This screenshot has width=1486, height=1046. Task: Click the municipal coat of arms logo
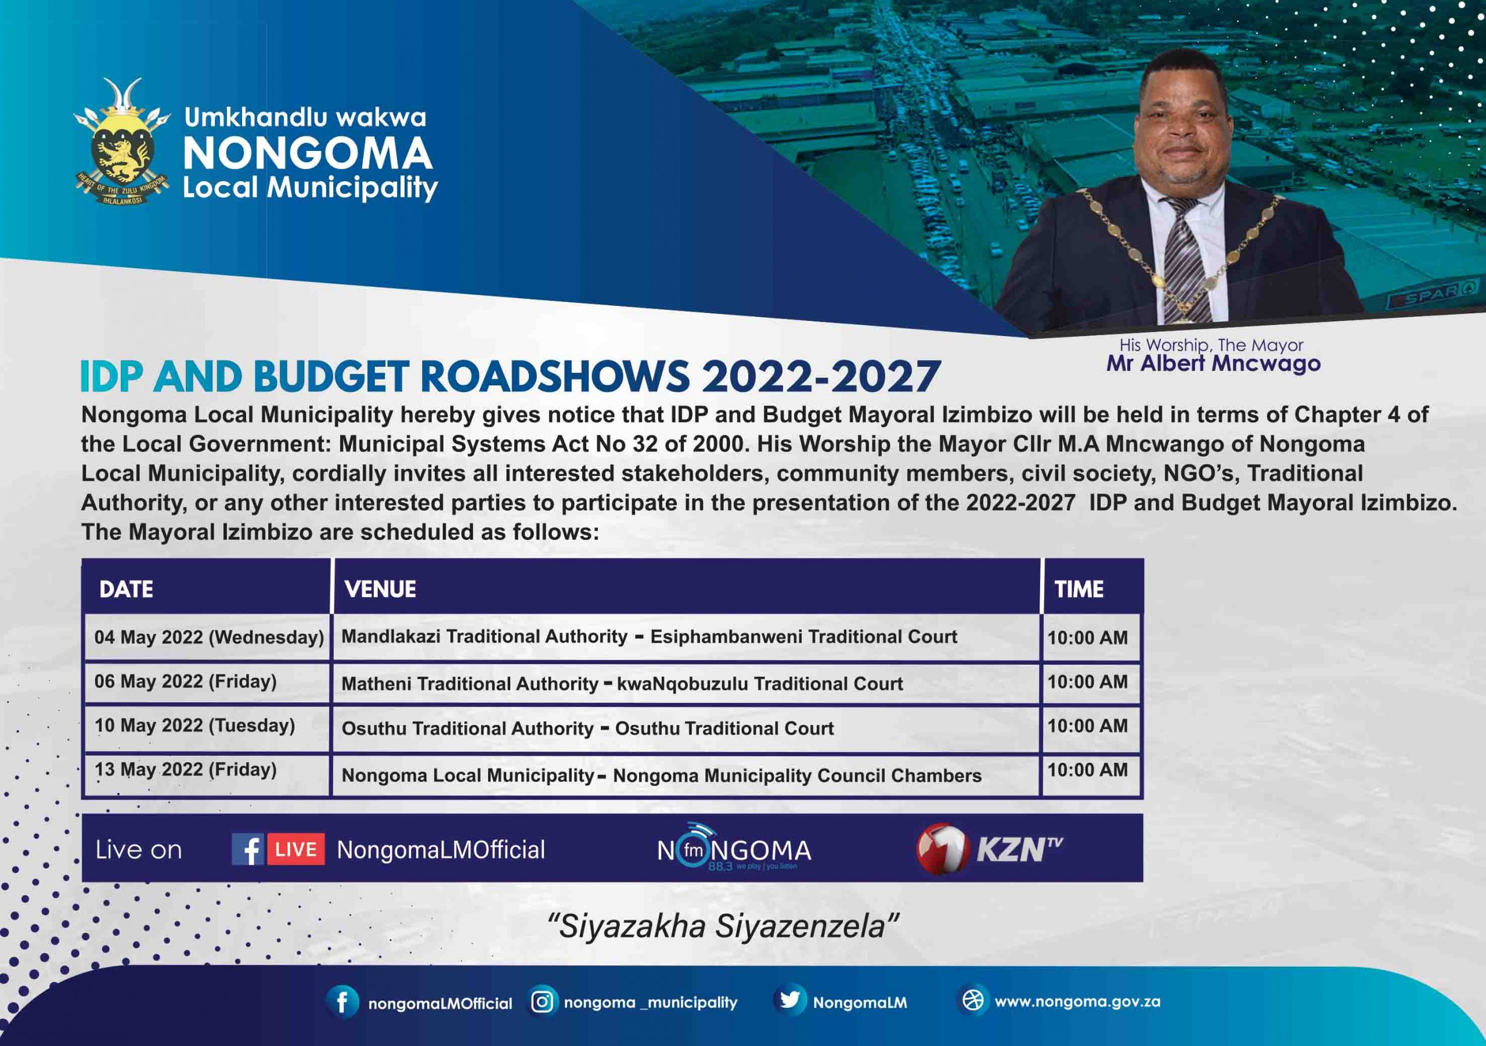[122, 142]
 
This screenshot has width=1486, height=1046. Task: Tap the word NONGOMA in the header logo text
[308, 153]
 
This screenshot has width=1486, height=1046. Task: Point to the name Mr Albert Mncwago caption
[1213, 363]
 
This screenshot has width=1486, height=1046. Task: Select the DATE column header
[126, 589]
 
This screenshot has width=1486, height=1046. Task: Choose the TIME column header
[1079, 589]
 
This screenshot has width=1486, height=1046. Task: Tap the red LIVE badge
[296, 849]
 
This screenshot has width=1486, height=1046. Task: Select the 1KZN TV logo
[989, 849]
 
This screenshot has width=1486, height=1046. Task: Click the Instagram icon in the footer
[542, 1002]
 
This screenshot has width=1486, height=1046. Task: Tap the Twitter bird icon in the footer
[789, 1001]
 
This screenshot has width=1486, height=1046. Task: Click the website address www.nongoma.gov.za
[1077, 1002]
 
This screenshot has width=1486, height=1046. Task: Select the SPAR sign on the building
[1434, 295]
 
